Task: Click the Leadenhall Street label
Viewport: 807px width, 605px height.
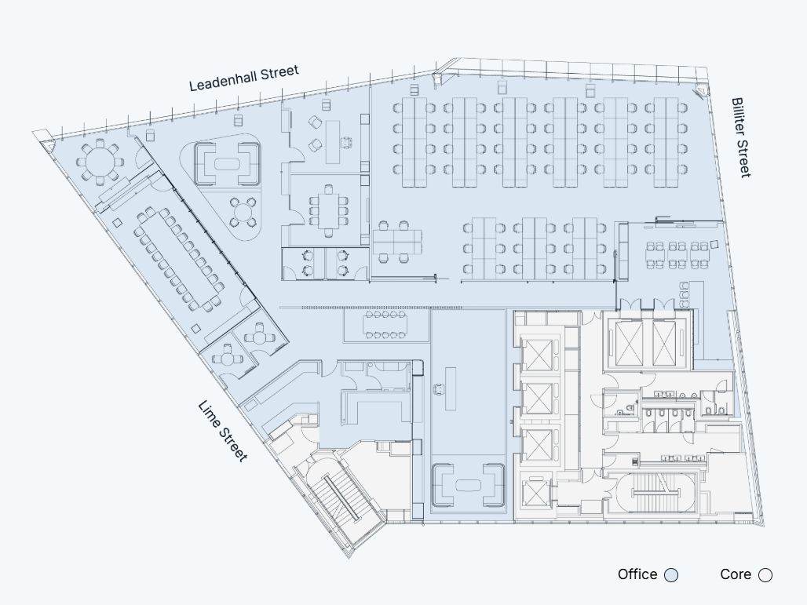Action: [244, 78]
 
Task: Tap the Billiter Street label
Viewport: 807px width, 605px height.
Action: [740, 137]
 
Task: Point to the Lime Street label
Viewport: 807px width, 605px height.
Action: [223, 431]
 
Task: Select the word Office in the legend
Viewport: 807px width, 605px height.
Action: [637, 574]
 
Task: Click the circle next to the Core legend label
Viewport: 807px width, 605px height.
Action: [765, 575]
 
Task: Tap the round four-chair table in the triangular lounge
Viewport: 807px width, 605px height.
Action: [245, 211]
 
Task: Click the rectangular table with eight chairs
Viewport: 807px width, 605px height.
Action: [329, 210]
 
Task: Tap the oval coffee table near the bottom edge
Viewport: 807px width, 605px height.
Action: [468, 485]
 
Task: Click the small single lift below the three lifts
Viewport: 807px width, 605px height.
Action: [537, 494]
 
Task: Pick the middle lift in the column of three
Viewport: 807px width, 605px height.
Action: [538, 399]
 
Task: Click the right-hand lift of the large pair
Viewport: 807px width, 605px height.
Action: [668, 339]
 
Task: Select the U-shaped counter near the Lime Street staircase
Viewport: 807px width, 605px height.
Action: [374, 406]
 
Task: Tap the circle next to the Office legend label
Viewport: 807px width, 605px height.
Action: [670, 575]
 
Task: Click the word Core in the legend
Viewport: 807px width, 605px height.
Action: [735, 574]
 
